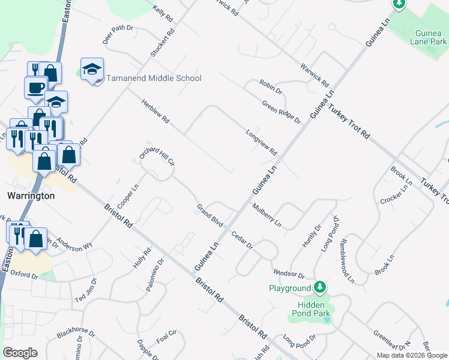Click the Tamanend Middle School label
point(154,79)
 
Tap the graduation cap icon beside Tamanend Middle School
point(92,70)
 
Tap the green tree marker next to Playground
point(321,287)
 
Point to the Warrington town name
point(31,196)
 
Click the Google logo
point(20,353)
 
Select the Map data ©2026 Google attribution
point(412,355)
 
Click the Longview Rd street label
point(261,142)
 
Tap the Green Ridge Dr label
point(281,112)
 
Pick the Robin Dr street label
point(271,86)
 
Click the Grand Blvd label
point(209,215)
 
